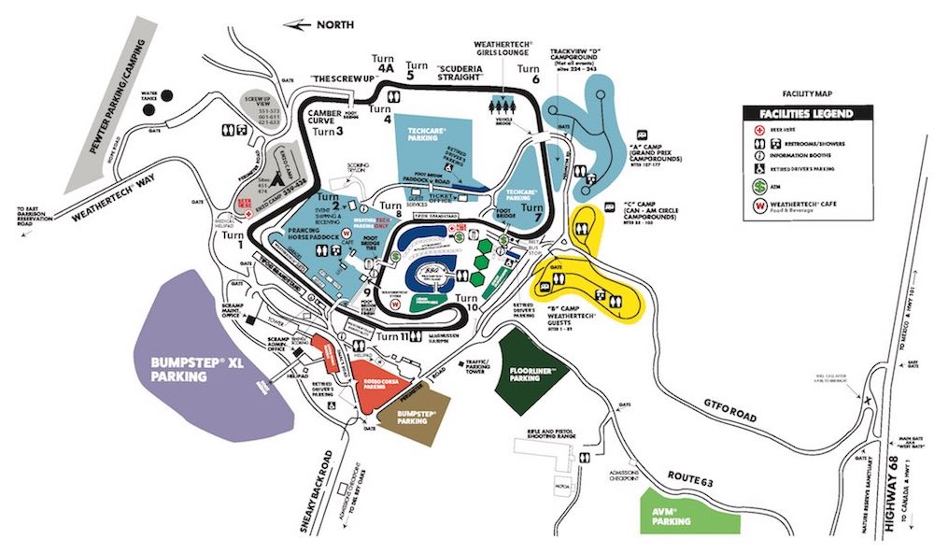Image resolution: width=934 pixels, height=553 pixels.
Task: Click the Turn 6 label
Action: click(x=530, y=74)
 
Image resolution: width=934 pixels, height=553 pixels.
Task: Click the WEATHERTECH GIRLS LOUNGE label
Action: click(x=504, y=50)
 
